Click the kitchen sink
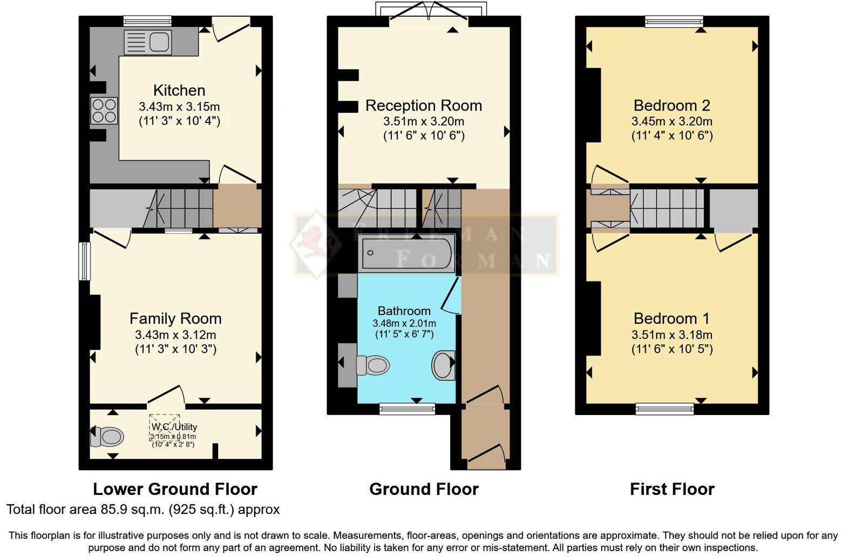point(147,43)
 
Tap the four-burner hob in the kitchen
point(104,110)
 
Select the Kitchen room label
point(179,90)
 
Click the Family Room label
point(175,318)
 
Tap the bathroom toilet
point(374,365)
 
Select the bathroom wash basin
point(443,365)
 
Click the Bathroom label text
point(404,311)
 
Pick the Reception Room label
point(424,105)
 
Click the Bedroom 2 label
point(672,105)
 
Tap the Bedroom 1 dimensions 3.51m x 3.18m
point(672,335)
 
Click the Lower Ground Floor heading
point(175,489)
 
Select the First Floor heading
point(672,489)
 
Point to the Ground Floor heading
point(424,489)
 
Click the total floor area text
point(143,510)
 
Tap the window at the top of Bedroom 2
point(674,21)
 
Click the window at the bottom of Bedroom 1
point(665,409)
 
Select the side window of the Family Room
point(85,261)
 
